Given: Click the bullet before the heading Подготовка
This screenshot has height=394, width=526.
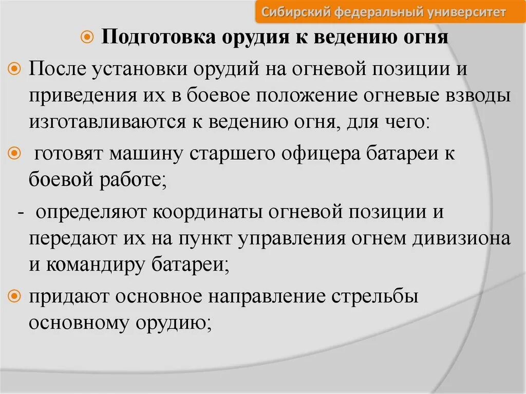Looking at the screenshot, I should pos(87,39).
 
